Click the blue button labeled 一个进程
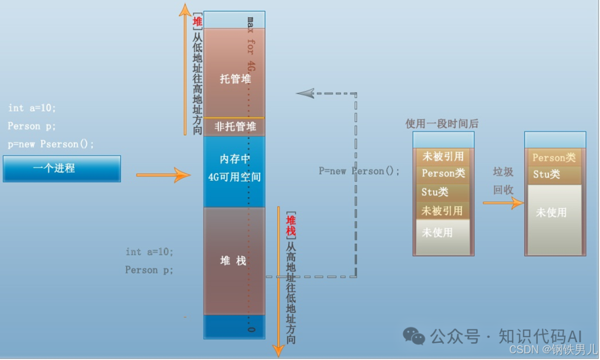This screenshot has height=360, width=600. point(62,168)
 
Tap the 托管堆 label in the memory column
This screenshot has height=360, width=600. point(235,79)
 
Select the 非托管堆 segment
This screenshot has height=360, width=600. point(235,127)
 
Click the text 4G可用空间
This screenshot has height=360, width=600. point(235,177)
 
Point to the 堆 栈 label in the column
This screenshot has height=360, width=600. point(233,261)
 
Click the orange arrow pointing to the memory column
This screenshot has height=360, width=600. point(163,175)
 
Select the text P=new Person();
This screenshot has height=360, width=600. point(359,171)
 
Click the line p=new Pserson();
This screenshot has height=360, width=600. point(51,144)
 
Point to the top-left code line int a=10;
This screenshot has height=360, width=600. point(32,108)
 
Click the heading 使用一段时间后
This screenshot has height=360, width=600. point(442,123)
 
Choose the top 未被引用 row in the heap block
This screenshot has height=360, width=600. point(443,156)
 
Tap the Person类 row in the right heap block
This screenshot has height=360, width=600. point(554,158)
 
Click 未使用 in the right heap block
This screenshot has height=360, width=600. point(551,212)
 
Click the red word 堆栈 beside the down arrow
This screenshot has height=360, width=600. point(291,224)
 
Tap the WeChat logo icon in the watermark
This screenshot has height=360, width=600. point(414,336)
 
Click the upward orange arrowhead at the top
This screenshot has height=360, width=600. point(184,10)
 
